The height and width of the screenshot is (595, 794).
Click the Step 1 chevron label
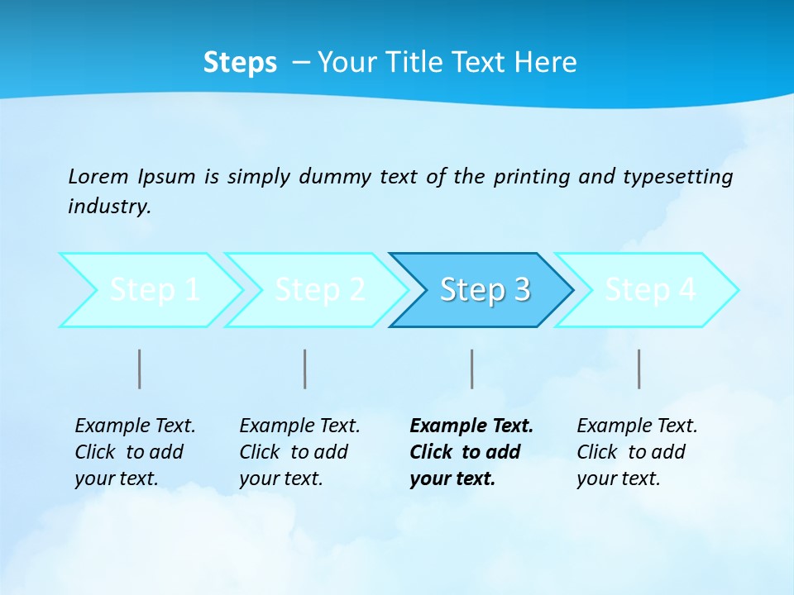click(155, 290)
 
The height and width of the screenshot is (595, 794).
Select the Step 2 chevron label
click(320, 290)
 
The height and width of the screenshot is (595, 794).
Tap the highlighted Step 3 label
click(485, 290)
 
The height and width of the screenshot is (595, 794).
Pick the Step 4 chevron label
click(651, 290)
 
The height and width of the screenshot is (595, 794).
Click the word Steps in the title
click(240, 63)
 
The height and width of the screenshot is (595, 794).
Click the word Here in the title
click(545, 63)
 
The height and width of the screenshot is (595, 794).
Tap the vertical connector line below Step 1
click(140, 369)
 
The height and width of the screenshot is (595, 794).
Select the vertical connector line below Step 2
click(305, 369)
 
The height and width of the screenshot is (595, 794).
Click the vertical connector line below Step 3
click(472, 369)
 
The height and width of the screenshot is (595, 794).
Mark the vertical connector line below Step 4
click(639, 369)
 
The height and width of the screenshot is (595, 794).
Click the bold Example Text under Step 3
click(471, 426)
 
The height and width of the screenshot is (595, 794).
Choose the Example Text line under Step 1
click(135, 426)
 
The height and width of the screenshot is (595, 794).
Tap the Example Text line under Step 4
click(637, 426)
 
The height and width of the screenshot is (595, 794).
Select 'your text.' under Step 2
click(281, 478)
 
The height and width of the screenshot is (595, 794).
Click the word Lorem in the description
click(98, 177)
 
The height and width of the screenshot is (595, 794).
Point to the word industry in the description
click(109, 207)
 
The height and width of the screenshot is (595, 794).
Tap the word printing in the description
click(532, 177)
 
